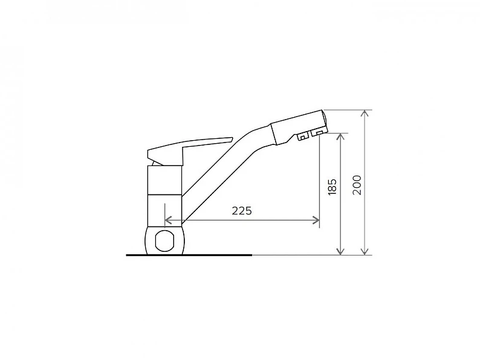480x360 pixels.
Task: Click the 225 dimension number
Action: pos(242,211)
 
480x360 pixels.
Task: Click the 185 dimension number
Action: pos(332,187)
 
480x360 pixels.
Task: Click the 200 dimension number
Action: pos(357,185)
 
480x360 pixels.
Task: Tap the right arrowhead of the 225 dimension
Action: pos(316,220)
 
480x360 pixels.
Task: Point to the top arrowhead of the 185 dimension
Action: pos(340,137)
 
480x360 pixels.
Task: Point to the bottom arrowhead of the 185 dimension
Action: pos(340,251)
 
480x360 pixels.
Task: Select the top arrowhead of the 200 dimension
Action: pos(365,113)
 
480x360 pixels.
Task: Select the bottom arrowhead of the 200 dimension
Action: pos(365,251)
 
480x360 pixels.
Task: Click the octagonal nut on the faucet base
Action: pos(164,241)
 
